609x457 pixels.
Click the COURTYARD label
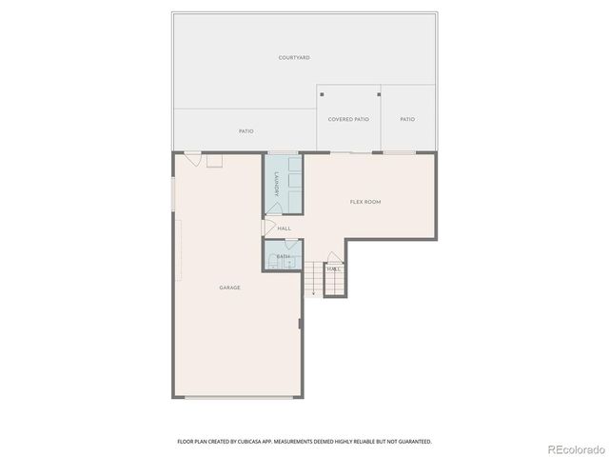(294, 58)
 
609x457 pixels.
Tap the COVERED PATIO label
(348, 119)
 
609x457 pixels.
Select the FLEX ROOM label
(365, 202)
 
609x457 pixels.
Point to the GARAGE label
(229, 287)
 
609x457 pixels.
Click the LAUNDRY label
(277, 184)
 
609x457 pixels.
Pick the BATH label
(283, 257)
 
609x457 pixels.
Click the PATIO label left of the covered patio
(246, 131)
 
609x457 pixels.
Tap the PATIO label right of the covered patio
(407, 119)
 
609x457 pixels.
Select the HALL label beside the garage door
(284, 228)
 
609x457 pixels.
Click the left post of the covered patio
(323, 94)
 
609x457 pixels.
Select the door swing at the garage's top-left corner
(192, 160)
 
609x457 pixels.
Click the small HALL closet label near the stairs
(333, 269)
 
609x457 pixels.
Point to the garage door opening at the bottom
(238, 397)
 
